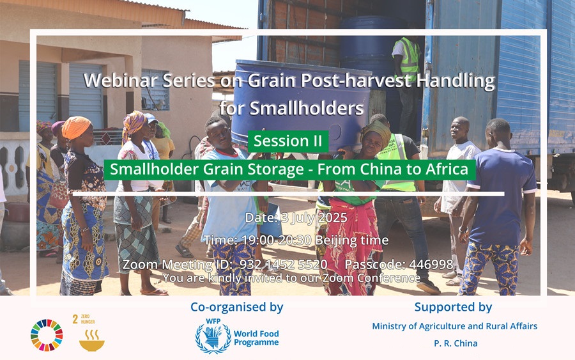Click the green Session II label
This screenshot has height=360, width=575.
pyautogui.click(x=288, y=141)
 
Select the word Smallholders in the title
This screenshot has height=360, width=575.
pyautogui.click(x=307, y=108)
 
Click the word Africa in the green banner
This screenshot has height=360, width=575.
pyautogui.click(x=447, y=169)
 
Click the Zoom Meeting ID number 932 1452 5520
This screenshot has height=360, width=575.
pyautogui.click(x=283, y=264)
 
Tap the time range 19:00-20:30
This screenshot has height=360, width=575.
pyautogui.click(x=277, y=240)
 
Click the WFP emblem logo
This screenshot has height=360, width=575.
pyautogui.click(x=213, y=336)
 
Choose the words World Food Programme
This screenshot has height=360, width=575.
pyautogui.click(x=256, y=338)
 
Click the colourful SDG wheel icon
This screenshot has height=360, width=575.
pyautogui.click(x=47, y=335)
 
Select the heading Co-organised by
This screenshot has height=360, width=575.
pyautogui.click(x=237, y=307)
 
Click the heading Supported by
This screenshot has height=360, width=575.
pyautogui.click(x=453, y=307)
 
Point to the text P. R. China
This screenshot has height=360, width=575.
pyautogui.click(x=456, y=343)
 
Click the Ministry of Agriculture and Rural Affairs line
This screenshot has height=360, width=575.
pyautogui.click(x=455, y=326)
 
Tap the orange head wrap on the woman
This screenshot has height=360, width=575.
pyautogui.click(x=76, y=127)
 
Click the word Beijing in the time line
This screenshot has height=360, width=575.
pyautogui.click(x=336, y=240)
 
